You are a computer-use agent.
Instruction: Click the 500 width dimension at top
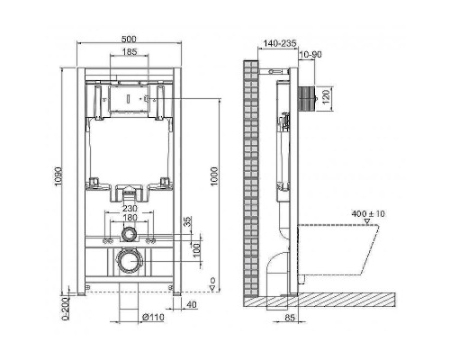[129, 40]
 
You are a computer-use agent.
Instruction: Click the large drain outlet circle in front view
[130, 264]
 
